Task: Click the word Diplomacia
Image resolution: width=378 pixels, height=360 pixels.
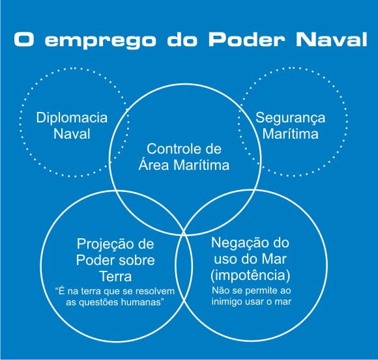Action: coord(72,118)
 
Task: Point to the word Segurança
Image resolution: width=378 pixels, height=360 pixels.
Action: coord(291,118)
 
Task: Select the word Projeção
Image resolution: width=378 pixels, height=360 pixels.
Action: coord(102,245)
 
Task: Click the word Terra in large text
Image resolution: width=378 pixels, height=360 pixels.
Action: coord(116,276)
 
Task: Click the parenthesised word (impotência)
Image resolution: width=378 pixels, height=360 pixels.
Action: coord(250,275)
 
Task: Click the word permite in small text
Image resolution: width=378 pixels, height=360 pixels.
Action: coord(259,290)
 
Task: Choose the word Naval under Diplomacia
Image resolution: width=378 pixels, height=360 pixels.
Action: coord(72,133)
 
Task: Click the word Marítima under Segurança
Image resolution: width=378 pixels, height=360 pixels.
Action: coord(290,133)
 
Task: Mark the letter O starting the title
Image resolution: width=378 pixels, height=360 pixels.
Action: coord(23,39)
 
